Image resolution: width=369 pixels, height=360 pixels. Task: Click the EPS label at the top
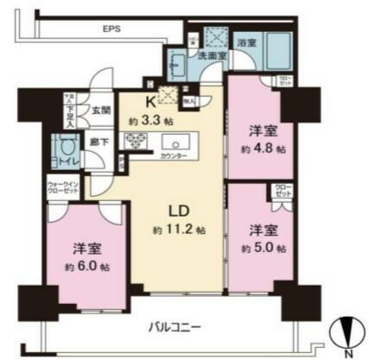click(x=111, y=29)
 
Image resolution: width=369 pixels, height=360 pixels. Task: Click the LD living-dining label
click(x=175, y=211)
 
